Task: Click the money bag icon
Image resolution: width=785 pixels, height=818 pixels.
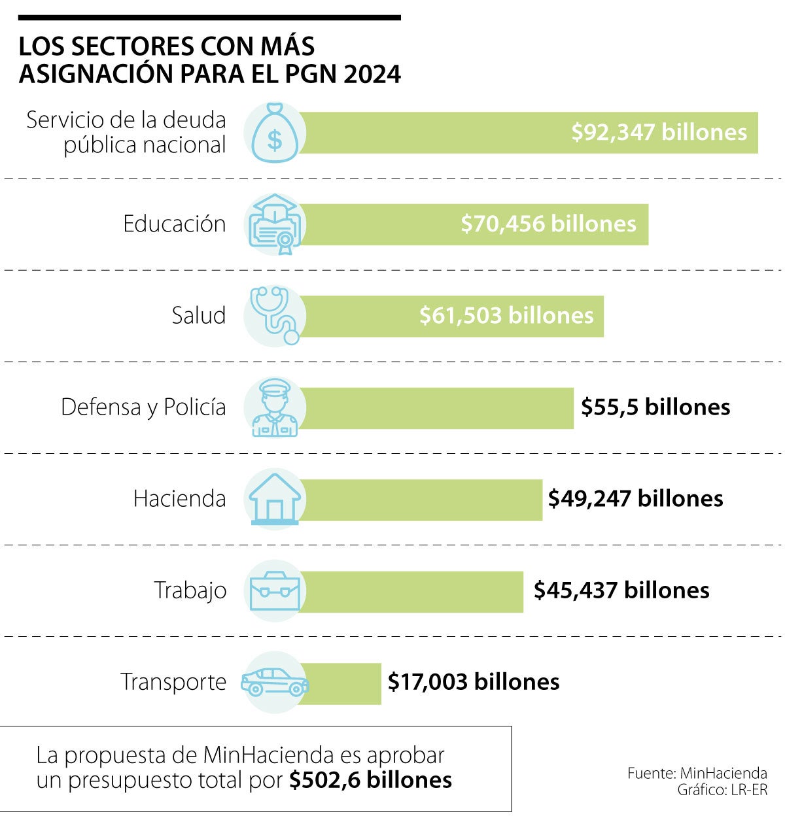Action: pos(275,133)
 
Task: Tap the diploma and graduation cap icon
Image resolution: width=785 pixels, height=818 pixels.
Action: pos(275,224)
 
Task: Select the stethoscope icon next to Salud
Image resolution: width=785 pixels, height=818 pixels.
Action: pos(275,315)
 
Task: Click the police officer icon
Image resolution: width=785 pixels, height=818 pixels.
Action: pos(275,407)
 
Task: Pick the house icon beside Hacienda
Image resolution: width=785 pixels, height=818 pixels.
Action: pos(275,499)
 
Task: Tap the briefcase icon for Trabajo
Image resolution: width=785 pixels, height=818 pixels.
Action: pos(275,590)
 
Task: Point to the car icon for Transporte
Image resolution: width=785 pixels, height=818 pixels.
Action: pos(275,682)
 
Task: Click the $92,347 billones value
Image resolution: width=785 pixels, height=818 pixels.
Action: pos(659,132)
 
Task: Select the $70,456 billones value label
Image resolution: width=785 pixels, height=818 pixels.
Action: pos(548,224)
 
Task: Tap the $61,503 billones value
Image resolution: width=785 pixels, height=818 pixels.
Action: pos(506,315)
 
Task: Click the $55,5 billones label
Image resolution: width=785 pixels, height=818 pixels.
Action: pos(655,407)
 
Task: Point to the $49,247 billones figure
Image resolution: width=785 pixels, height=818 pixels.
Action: pos(635,498)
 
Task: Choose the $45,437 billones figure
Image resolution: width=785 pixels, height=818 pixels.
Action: pos(621,590)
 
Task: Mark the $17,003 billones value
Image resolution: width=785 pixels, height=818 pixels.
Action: pos(474,681)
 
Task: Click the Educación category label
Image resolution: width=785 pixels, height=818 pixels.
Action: pos(174,224)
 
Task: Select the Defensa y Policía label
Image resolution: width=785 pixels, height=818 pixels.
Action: pos(143,407)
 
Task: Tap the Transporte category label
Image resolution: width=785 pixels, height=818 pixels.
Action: pos(173,681)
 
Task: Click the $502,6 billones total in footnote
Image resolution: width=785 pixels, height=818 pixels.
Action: pos(370,780)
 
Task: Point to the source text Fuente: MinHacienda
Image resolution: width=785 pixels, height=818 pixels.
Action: pos(697,773)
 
